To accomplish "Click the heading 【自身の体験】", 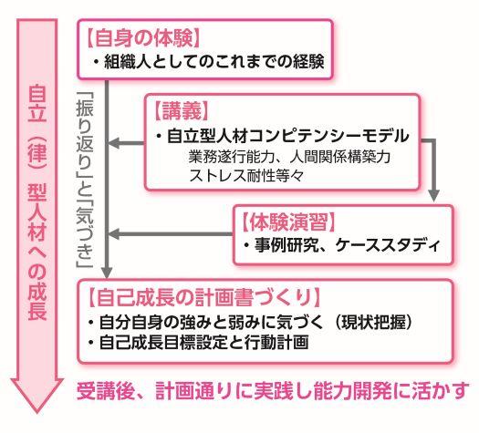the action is pos(143,38).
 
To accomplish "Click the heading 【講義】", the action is pos(182,111).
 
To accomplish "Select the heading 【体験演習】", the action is pos(288,222).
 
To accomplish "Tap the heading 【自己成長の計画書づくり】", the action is pos(204,297).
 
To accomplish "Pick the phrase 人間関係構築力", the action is pos(340,157).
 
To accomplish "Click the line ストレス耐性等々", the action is pos(246,175).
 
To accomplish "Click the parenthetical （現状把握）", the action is pos(373,322).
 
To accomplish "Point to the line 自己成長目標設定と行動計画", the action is pos(203,342).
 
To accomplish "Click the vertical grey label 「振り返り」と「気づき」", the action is pos(85,180).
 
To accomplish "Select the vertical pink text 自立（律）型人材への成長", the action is pos(37,202).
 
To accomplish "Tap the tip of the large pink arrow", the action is pos(36,414).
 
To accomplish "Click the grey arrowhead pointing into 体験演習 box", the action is pos(434,195).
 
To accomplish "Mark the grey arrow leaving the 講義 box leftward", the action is pos(126,143).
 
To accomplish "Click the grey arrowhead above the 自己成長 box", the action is pos(107,273).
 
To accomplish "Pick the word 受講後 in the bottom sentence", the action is pos(106,390).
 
